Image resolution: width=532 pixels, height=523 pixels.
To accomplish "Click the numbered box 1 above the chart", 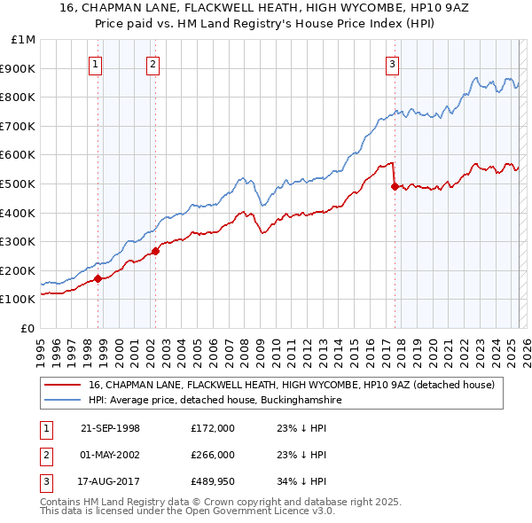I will pos(95,63).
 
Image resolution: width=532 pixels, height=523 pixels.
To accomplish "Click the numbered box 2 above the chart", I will pos(153,63).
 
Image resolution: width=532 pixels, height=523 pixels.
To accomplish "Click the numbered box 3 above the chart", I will pos(392,63).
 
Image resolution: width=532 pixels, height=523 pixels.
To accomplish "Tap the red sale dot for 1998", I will pos(98,278).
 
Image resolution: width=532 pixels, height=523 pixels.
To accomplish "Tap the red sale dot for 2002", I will pos(155,251).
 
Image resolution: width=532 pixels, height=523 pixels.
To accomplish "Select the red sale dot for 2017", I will pos(395,186).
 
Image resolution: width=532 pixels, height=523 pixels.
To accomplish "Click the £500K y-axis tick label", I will pos(20,183).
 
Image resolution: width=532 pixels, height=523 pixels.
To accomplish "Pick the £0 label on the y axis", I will pos(27,328).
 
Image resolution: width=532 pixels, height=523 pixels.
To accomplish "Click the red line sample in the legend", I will pos(62,385).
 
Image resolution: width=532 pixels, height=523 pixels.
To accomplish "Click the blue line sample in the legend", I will pos(62,401).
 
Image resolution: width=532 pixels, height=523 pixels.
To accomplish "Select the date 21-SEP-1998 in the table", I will pos(110,428).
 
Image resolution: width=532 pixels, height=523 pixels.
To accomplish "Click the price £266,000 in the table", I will pos(213,455).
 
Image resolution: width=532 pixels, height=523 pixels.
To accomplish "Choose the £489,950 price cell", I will pos(213,481).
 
